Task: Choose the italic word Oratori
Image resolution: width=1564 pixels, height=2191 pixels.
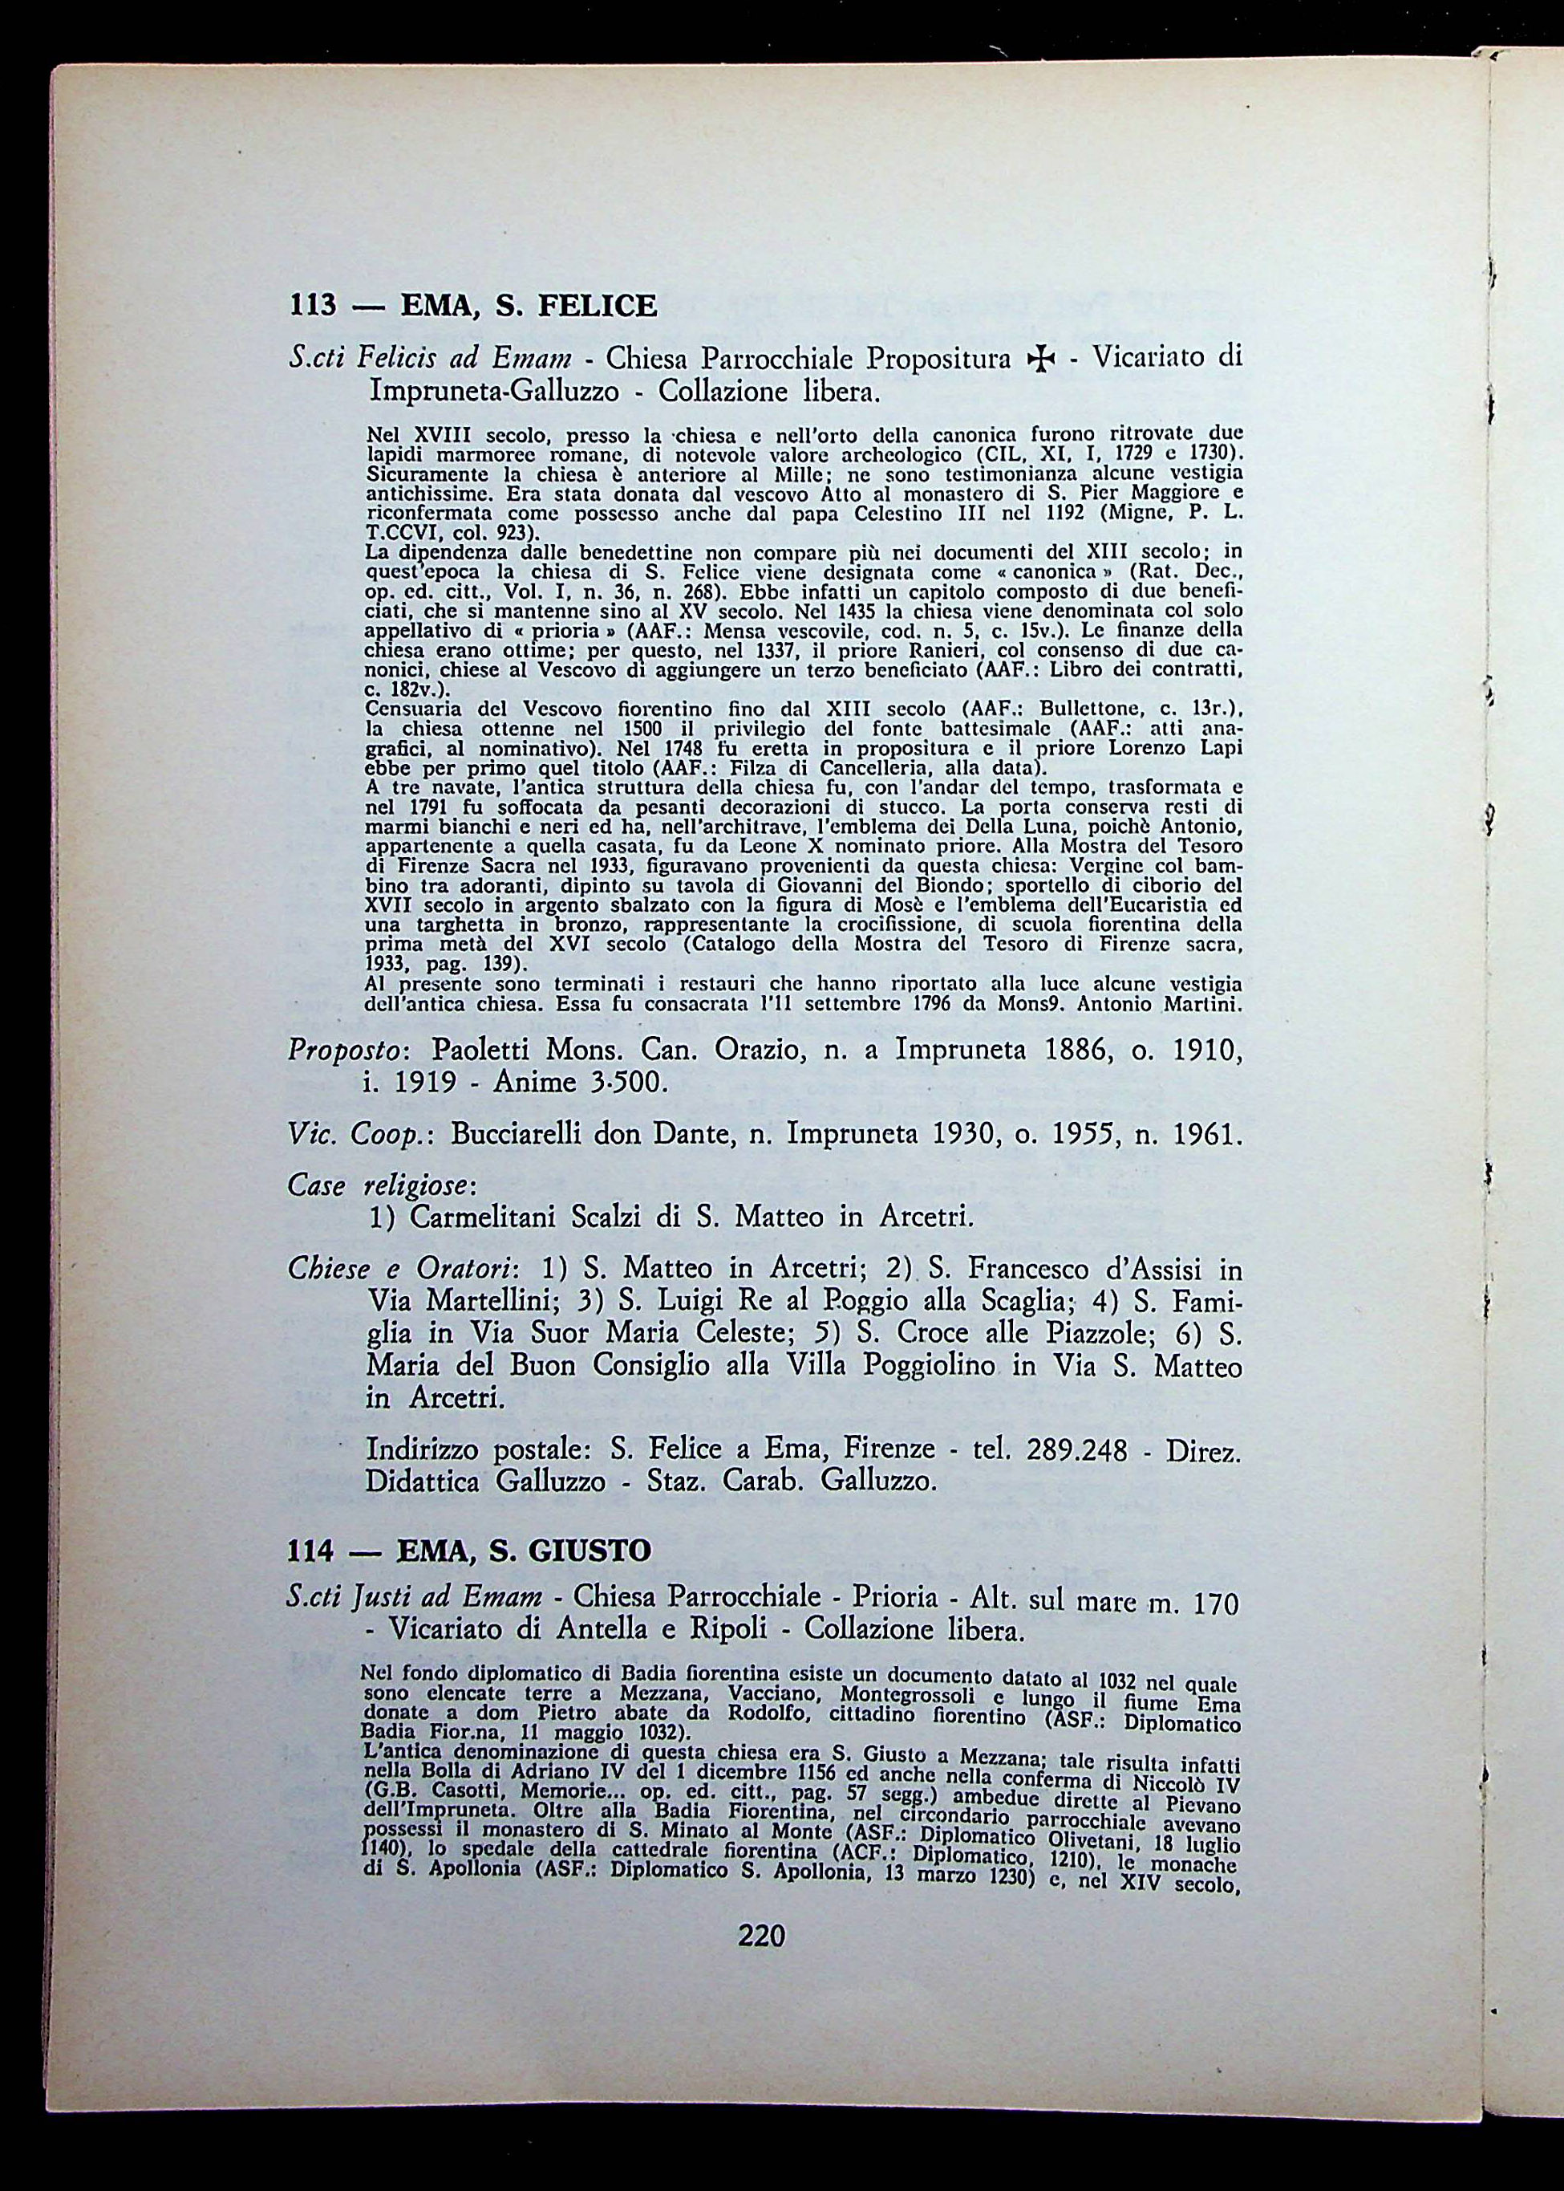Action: pos(470,1268)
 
